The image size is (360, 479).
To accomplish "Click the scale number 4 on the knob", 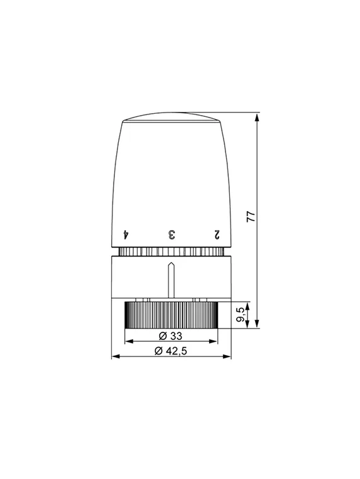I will [x=126, y=234].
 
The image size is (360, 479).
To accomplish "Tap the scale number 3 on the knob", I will [x=171, y=234].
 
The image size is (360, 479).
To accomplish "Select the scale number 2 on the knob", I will [x=217, y=234].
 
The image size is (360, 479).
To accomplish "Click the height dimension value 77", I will [x=251, y=215].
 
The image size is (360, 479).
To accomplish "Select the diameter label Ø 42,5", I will [x=171, y=351].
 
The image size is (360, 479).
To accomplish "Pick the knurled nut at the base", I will [x=171, y=314].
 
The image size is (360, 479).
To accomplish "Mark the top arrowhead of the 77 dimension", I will [x=258, y=116].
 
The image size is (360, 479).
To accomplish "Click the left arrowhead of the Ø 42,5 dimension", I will [x=114, y=357].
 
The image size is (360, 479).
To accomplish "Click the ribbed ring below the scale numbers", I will [x=171, y=252].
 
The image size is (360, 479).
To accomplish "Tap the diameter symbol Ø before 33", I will [x=161, y=335].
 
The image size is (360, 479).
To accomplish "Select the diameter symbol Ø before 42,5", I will [x=157, y=351].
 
